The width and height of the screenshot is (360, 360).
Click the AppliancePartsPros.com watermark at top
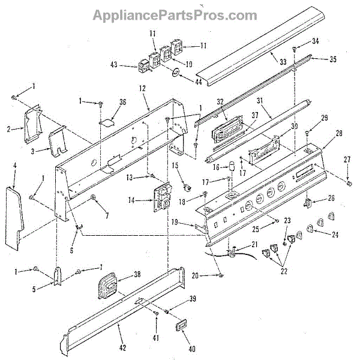tap(180, 14)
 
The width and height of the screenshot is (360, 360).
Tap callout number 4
tap(13, 178)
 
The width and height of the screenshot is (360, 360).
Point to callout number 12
tap(142, 89)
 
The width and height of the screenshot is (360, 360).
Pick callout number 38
tap(137, 274)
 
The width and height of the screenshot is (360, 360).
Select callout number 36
tap(122, 102)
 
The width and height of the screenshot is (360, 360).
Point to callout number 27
tap(347, 159)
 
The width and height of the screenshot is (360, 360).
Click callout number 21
tap(254, 244)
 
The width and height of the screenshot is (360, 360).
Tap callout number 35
tap(334, 59)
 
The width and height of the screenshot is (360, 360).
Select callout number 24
tap(334, 235)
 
